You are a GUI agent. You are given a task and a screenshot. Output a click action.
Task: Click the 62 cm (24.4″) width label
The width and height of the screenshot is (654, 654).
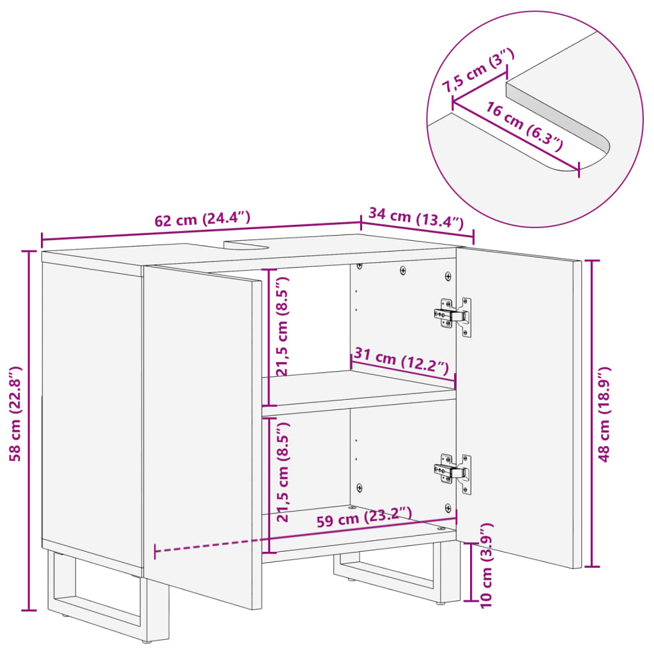point(202,219)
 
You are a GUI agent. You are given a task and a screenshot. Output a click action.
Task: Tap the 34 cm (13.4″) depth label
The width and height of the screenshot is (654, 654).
point(416,219)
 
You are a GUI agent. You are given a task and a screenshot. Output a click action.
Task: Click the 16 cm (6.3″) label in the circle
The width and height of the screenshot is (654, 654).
point(524,126)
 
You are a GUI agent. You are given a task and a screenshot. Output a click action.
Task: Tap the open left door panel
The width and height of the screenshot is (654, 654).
point(201,434)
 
